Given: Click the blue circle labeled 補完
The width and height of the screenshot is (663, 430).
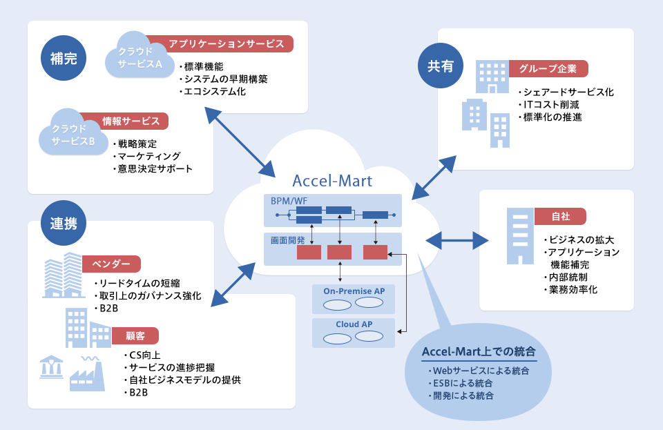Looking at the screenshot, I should click(64, 59).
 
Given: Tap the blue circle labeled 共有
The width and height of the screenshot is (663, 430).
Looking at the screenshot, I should click(441, 66).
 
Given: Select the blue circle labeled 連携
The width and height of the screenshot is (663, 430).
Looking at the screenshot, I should click(64, 223).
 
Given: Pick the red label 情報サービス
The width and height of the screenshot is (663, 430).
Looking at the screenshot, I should click(126, 121).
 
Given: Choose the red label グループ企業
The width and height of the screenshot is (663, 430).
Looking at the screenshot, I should click(548, 69).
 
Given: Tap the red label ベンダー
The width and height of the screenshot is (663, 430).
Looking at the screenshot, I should click(111, 264).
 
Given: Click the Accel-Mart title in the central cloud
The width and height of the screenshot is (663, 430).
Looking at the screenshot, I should click(332, 181).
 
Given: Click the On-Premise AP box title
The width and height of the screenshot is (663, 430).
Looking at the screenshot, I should click(354, 291).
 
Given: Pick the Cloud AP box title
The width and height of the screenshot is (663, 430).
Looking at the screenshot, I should click(354, 324).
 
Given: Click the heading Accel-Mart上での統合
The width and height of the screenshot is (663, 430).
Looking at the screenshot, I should click(479, 351).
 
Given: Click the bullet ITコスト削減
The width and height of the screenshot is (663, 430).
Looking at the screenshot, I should click(551, 104).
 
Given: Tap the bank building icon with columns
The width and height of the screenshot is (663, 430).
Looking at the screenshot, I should click(52, 367).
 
